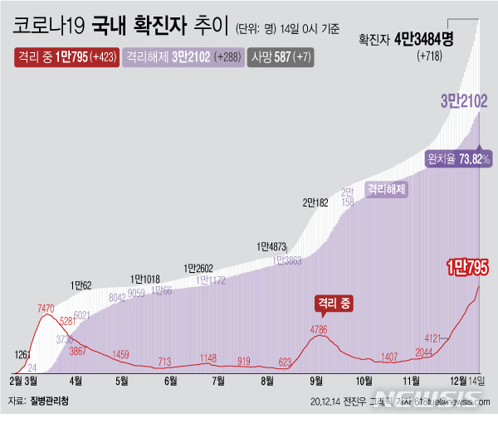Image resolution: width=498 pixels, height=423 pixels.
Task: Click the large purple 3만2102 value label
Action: (463, 101)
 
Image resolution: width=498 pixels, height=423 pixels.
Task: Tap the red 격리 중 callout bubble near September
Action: (334, 304)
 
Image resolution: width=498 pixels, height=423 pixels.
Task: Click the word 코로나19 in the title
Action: (46, 28)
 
